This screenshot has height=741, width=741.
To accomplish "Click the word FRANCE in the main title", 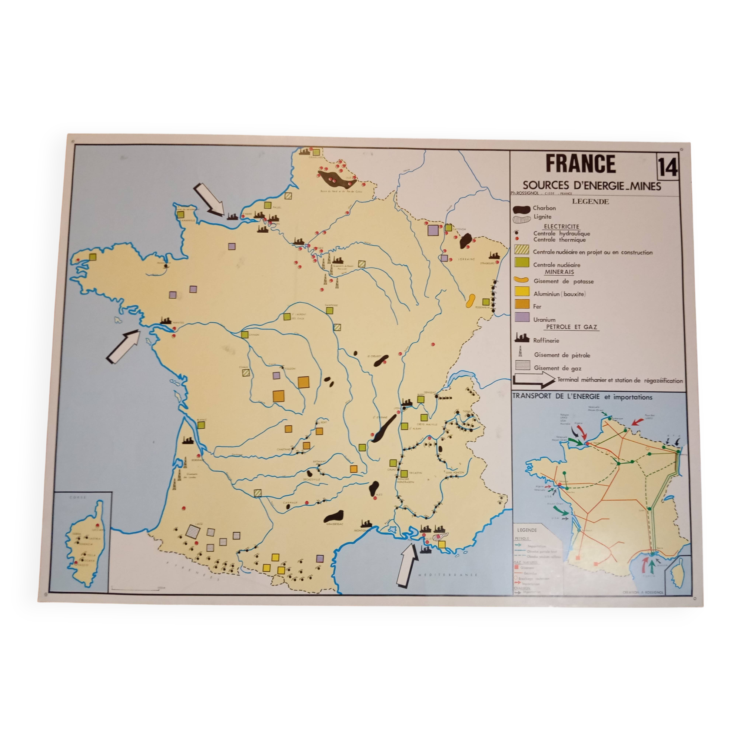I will click(x=580, y=164).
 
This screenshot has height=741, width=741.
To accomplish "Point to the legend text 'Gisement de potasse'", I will click(x=564, y=282).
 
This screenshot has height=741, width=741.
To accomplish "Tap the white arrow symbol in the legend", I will click(x=534, y=380).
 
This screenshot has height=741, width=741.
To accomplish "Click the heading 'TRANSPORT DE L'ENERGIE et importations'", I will click(x=582, y=397).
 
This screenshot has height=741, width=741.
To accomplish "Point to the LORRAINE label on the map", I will click(x=466, y=259).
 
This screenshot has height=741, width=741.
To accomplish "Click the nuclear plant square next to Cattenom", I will click(x=448, y=227).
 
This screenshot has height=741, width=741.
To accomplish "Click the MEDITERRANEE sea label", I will click(x=448, y=575).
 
